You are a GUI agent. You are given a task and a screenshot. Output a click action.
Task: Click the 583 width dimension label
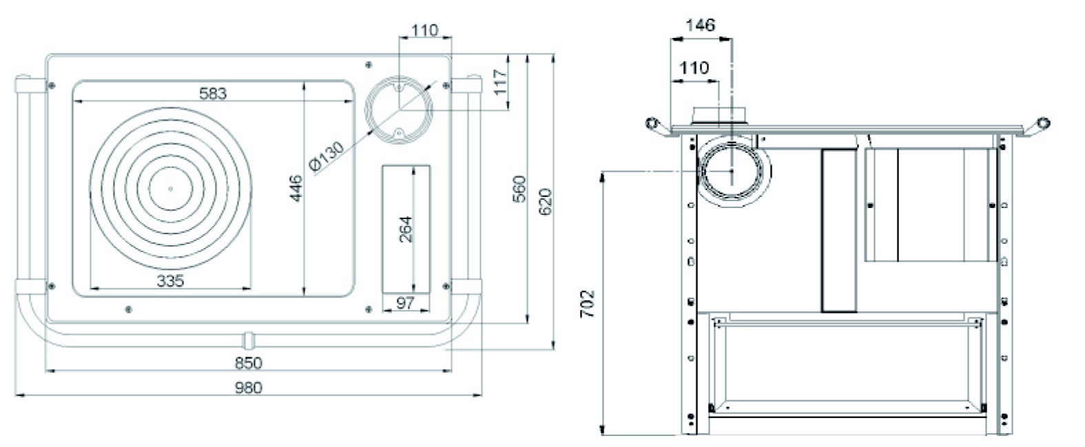click(x=213, y=93)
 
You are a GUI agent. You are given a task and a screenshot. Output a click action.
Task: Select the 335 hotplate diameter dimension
click(x=170, y=280)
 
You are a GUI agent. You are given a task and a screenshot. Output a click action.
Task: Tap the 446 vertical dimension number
click(x=294, y=189)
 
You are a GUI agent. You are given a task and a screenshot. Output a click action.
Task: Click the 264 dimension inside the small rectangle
click(x=406, y=229)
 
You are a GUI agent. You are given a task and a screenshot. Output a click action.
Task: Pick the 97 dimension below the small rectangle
click(x=406, y=302)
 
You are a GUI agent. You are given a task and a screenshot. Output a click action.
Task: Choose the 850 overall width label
click(x=249, y=362)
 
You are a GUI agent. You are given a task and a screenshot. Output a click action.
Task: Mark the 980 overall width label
click(x=249, y=387)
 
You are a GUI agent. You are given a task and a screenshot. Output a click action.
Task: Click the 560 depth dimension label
click(x=520, y=189)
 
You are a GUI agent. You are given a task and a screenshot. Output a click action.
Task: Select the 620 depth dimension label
click(x=545, y=201)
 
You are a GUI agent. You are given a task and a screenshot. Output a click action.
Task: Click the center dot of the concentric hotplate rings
click(x=171, y=188)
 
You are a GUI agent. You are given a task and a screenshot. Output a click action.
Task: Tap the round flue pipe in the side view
click(x=732, y=169)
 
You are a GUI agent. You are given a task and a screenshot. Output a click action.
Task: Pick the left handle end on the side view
click(x=652, y=124)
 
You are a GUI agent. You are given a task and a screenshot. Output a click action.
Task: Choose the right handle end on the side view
click(x=1044, y=123)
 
